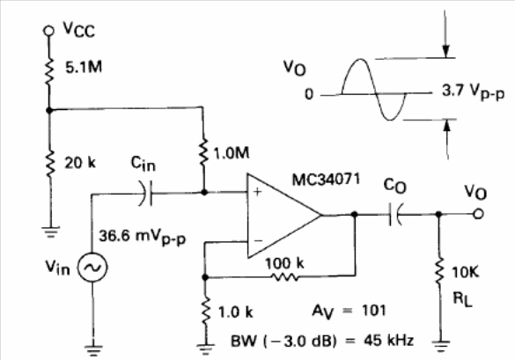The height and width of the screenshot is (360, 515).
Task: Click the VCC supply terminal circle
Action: (x=48, y=31)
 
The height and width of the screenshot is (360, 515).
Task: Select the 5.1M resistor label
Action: (x=84, y=68)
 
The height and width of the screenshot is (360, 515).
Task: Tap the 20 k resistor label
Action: (x=80, y=163)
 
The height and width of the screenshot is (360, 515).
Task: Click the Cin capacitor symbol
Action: (x=146, y=193)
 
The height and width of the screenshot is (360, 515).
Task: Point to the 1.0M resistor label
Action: (x=232, y=153)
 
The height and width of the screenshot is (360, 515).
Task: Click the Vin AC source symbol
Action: (x=92, y=268)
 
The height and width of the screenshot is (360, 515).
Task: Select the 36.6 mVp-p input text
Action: (x=143, y=237)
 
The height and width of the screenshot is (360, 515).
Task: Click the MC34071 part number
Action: (x=326, y=180)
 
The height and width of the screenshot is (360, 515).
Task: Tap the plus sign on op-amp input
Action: (x=258, y=192)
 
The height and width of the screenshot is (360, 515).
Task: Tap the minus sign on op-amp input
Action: (x=259, y=241)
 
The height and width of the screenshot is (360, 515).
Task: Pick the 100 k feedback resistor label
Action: (x=284, y=263)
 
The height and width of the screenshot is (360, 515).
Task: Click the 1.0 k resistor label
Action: (x=236, y=312)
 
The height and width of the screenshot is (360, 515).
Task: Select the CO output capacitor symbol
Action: (x=395, y=215)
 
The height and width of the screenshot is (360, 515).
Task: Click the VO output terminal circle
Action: (x=478, y=214)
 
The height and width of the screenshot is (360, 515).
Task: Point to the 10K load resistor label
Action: (x=466, y=272)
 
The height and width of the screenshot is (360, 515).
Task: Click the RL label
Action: (x=463, y=299)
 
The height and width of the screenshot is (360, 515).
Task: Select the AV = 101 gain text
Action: (x=349, y=311)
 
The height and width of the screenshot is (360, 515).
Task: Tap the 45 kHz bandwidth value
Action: (x=388, y=341)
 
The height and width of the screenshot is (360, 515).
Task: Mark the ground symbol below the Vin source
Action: (x=93, y=350)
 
